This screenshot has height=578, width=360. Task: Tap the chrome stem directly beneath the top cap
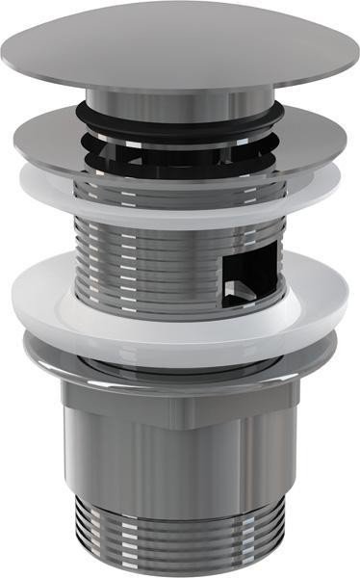pyautogui.click(x=183, y=102)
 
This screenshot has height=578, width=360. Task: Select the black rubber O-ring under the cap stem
pyautogui.click(x=183, y=118)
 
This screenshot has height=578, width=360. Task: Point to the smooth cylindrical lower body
pyautogui.click(x=178, y=462)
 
